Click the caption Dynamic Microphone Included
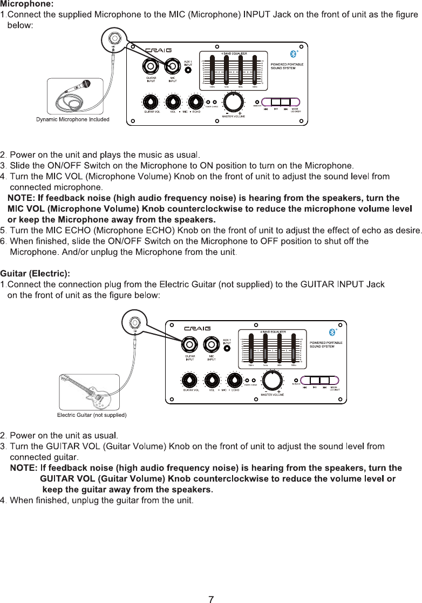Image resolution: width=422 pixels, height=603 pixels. coord(73,119)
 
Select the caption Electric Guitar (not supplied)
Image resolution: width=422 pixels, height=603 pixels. coord(92,415)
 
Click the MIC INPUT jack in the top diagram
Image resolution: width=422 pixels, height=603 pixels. coord(173,66)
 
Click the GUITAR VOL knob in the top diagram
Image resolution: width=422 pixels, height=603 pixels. coord(149,101)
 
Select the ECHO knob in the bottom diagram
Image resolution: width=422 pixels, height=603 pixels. coord(234,380)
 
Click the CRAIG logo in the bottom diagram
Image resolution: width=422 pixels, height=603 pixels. coord(198,328)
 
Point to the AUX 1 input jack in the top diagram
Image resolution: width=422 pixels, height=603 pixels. coord(188,70)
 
